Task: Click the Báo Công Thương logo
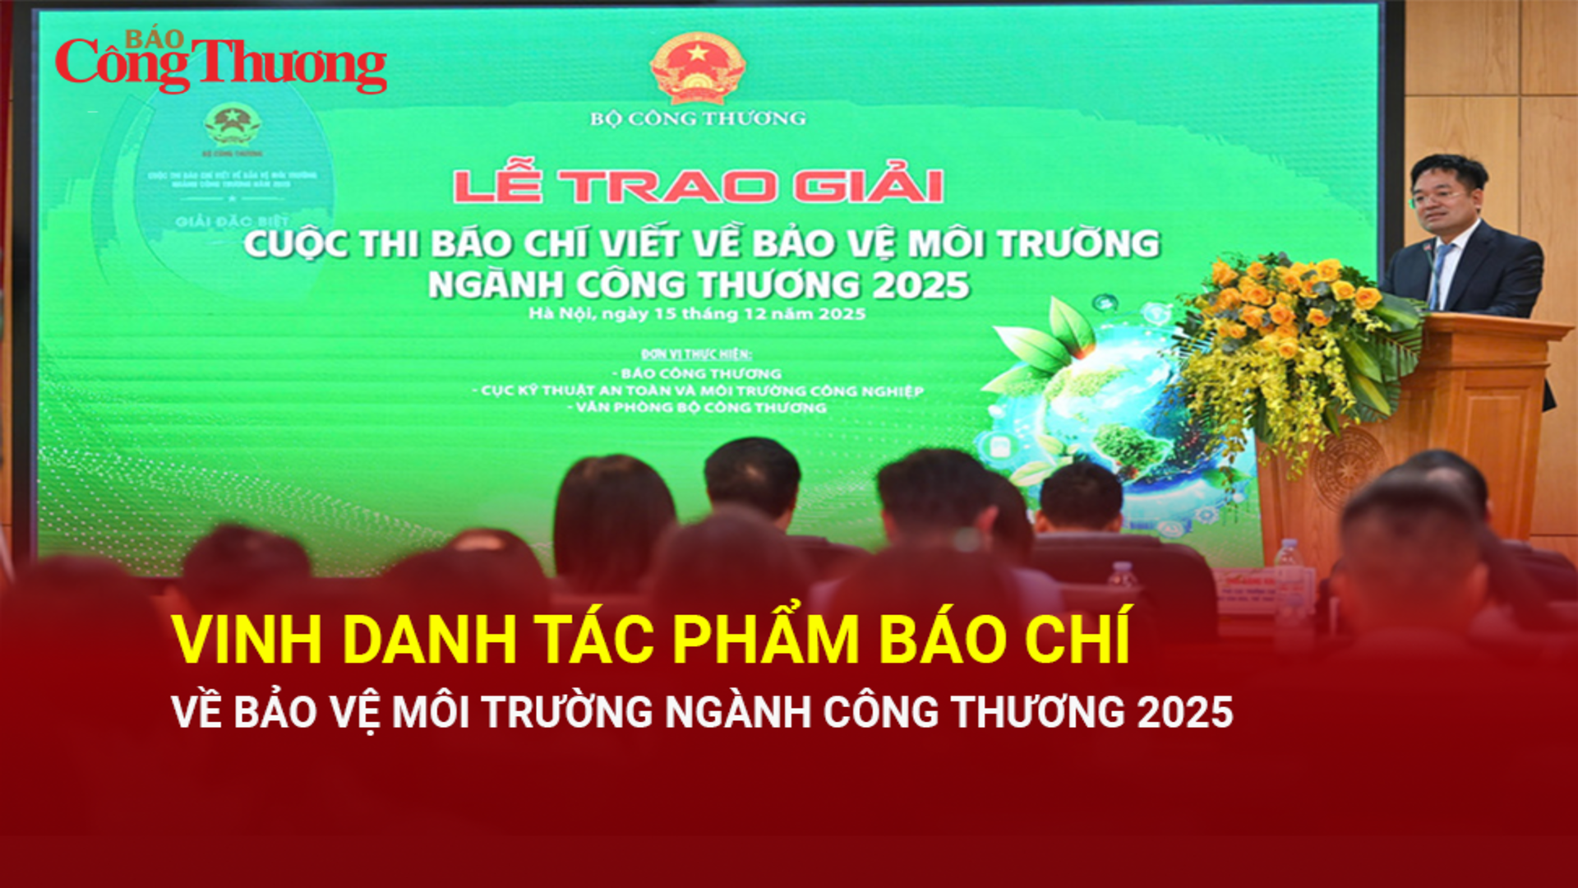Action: point(220,62)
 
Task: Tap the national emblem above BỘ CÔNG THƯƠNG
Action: point(697,67)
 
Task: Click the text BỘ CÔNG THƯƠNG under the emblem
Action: point(698,118)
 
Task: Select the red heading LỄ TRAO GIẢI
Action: point(698,186)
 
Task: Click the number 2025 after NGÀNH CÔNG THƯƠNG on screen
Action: point(920,285)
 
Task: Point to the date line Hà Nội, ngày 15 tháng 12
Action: point(697,313)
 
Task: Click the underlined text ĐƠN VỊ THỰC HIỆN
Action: point(696,354)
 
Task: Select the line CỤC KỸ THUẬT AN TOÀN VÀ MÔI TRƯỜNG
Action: point(702,391)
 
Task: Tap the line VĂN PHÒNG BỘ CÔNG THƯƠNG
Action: point(701,408)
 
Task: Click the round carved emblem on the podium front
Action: point(1336,469)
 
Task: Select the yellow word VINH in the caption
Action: point(247,640)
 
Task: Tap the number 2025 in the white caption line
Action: point(1185,712)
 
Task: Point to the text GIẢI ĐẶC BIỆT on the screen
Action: point(231,222)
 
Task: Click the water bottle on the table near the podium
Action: point(1288,567)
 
